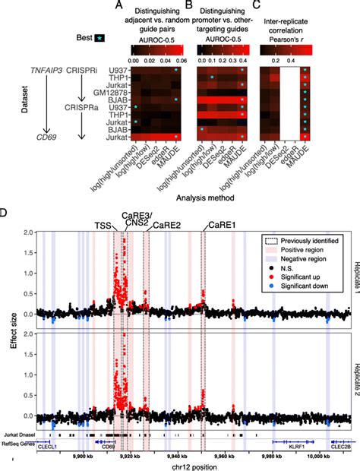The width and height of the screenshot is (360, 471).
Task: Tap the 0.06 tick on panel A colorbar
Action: click(179, 59)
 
